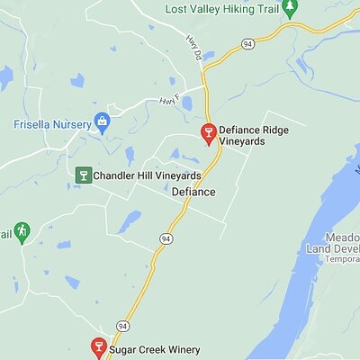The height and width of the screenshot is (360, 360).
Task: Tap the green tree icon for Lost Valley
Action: click(x=289, y=8)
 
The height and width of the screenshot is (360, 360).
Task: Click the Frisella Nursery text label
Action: click(x=52, y=123)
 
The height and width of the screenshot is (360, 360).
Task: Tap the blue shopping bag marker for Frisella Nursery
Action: click(x=102, y=121)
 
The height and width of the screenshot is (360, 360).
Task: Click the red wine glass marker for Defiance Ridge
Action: click(x=208, y=134)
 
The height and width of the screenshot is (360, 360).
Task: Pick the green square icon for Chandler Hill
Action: click(x=84, y=175)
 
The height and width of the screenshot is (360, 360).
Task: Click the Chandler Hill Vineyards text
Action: click(x=148, y=175)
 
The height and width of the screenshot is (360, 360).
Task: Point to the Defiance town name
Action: click(x=193, y=192)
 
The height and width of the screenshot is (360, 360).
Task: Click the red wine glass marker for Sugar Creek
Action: click(x=99, y=346)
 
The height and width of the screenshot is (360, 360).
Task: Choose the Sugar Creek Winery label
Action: click(x=155, y=349)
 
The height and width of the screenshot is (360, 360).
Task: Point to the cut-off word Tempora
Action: click(x=342, y=259)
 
